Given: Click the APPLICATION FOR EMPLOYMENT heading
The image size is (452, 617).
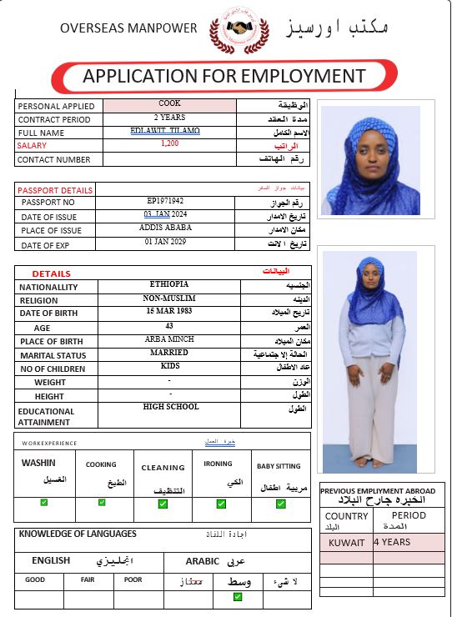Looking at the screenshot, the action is (223, 77).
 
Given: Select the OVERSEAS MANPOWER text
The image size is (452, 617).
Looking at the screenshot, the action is (128, 28).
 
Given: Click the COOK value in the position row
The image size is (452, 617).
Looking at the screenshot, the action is (169, 104).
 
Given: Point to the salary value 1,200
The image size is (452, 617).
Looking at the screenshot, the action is (169, 143).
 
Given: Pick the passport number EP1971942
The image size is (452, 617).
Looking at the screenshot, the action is (165, 201).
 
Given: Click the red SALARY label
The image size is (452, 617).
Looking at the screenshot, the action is (33, 145).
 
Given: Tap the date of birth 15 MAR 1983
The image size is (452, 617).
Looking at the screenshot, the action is (169, 311).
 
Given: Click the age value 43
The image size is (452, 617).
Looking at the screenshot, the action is (169, 325).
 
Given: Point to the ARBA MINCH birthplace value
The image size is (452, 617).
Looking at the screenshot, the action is (169, 339).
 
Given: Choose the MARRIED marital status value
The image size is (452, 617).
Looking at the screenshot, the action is (169, 353).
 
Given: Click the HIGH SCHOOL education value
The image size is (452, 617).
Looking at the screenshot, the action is (171, 406).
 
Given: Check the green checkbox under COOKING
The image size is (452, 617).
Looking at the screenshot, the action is (102, 502).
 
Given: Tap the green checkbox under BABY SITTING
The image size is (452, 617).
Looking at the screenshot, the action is (281, 503).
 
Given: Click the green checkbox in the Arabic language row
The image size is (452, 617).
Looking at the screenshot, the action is (238, 596).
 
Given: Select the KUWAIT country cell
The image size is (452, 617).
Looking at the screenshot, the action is (346, 542).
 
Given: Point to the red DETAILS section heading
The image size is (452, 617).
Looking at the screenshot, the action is (51, 273).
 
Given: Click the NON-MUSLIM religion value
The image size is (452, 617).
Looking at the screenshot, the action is (169, 298).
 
